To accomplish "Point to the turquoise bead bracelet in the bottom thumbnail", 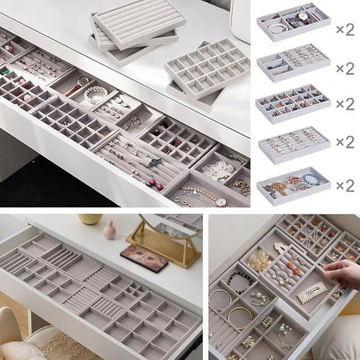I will [310, 178].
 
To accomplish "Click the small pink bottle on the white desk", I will [110, 229].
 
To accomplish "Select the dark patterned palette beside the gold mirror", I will [144, 257].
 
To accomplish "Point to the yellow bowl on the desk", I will [90, 217].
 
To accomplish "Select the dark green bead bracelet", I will [240, 282].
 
